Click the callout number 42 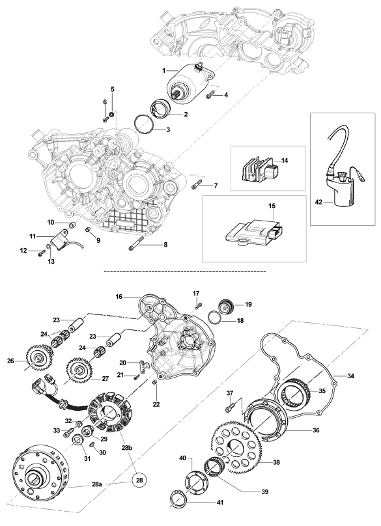(318, 202)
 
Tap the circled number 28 (139, 480)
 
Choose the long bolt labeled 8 (136, 243)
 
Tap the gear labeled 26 (36, 359)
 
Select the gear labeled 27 (79, 370)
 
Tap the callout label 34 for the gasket (350, 376)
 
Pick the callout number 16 (119, 297)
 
